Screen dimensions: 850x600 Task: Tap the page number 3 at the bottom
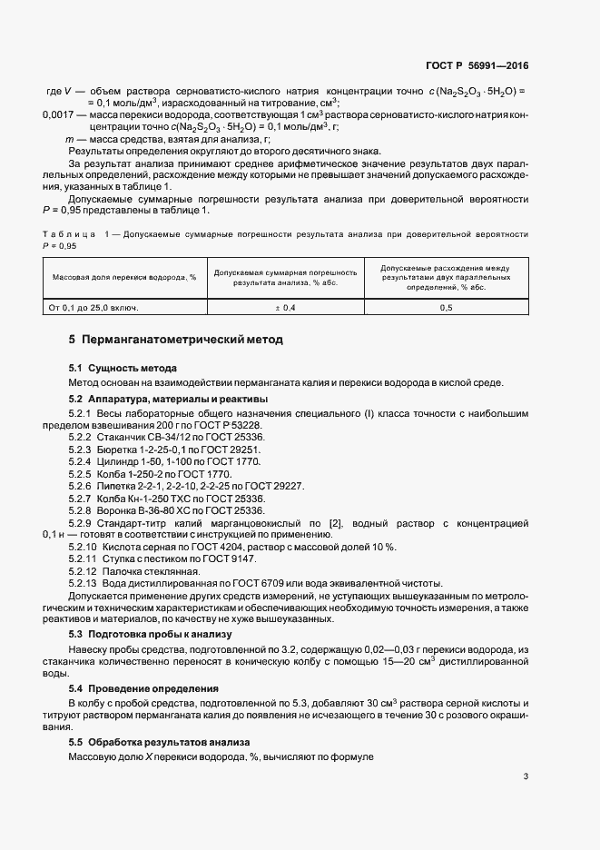[526, 776]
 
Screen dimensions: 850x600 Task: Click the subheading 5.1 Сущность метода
[123, 368]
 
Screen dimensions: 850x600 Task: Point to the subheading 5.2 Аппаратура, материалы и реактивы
[168, 400]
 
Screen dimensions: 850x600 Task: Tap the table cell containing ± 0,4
[284, 308]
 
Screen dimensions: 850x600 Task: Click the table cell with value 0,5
[446, 308]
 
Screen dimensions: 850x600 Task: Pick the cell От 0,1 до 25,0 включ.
[93, 308]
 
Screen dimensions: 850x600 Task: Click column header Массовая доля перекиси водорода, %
[124, 277]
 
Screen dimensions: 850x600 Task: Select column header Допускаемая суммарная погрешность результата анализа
[284, 277]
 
